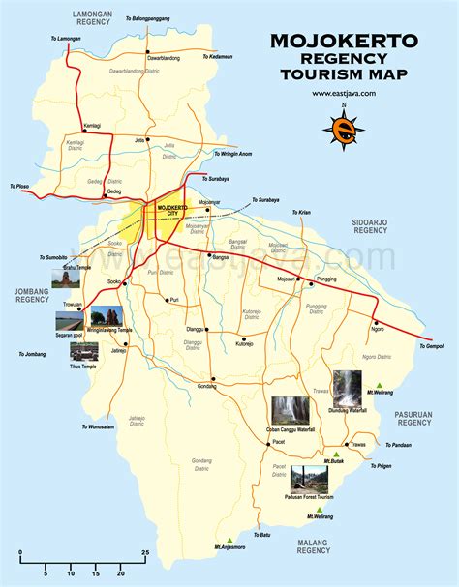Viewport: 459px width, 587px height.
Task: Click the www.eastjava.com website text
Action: tap(344, 94)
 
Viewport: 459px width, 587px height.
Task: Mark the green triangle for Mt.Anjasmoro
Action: tap(229, 540)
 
